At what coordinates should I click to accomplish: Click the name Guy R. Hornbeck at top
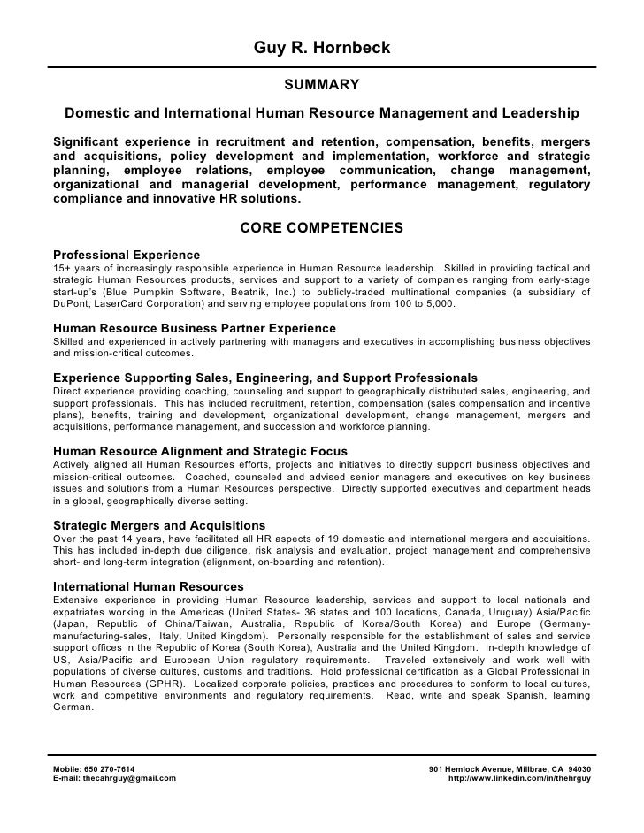point(321,47)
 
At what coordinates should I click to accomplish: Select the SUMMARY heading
point(321,85)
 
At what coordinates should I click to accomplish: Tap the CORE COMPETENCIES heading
point(321,228)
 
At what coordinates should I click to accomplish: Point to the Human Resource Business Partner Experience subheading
point(195,328)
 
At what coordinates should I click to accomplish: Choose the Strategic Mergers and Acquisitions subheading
point(159,525)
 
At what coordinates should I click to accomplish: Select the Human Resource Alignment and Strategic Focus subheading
point(200,452)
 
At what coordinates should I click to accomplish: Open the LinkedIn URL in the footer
point(521,777)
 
